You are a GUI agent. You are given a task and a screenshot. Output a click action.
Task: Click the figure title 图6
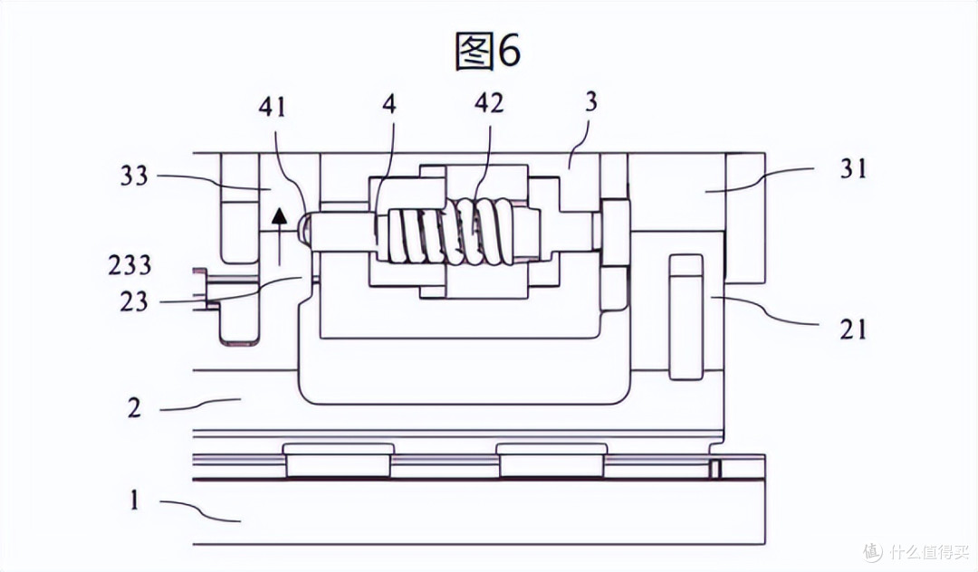point(488,50)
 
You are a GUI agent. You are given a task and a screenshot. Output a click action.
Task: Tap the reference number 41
point(272,107)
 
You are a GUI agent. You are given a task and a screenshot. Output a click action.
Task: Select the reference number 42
point(488,103)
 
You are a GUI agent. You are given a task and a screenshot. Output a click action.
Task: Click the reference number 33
point(135,176)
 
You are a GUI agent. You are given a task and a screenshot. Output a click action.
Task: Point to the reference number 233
point(129,265)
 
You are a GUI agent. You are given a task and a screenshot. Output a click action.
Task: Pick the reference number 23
point(134,302)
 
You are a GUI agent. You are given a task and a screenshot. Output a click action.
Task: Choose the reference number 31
point(853,168)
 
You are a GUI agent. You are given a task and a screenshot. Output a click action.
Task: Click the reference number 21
point(853,329)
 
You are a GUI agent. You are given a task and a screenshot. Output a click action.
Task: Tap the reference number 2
point(134,409)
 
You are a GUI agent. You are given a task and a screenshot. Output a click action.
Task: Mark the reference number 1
point(135,500)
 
